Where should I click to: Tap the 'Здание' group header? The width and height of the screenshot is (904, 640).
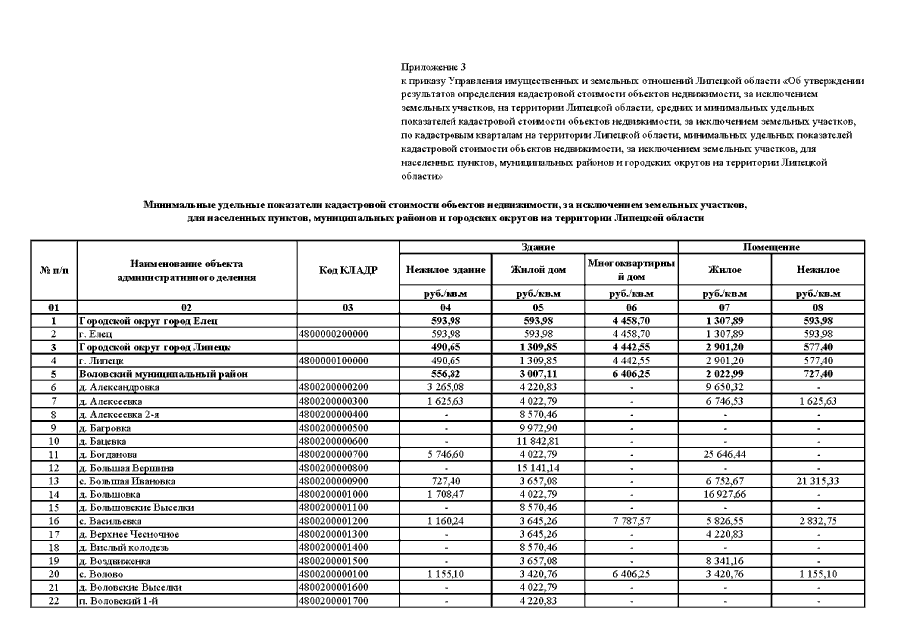pos(538,246)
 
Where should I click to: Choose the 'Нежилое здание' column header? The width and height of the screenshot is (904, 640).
pos(446,269)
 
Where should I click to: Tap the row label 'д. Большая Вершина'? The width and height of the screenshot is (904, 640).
pos(124,466)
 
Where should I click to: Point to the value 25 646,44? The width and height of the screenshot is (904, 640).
pos(724,453)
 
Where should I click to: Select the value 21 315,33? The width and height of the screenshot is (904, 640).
pos(817,480)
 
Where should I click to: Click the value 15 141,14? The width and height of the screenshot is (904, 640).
pos(538,466)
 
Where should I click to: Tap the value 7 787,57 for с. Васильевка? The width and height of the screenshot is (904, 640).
pos(631,520)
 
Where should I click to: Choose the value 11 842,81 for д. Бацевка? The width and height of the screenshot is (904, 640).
pos(538,440)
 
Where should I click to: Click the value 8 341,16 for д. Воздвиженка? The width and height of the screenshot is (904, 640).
pos(724,560)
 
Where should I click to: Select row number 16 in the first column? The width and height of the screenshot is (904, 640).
pos(49,520)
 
